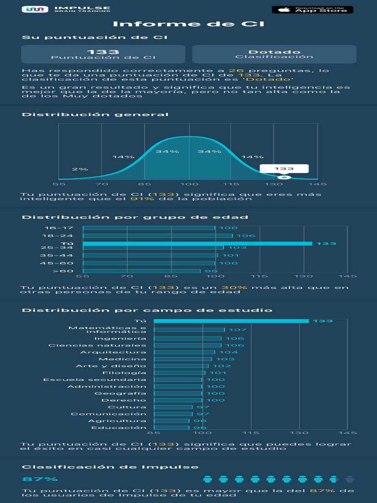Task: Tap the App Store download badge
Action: (312, 9)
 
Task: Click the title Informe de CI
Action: (188, 24)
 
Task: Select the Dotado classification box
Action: (274, 54)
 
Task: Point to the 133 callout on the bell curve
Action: (284, 168)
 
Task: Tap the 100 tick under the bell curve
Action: (188, 184)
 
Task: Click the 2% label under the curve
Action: (80, 169)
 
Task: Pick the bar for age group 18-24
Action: (158, 236)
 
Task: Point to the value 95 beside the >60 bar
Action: (211, 271)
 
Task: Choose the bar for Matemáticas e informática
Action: (189, 330)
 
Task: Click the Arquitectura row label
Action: (113, 352)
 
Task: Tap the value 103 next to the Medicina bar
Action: (225, 359)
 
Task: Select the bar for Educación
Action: (171, 428)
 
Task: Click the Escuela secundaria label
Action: (94, 380)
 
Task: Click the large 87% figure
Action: (40, 479)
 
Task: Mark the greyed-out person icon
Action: (350, 479)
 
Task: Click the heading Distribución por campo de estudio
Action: (147, 310)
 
